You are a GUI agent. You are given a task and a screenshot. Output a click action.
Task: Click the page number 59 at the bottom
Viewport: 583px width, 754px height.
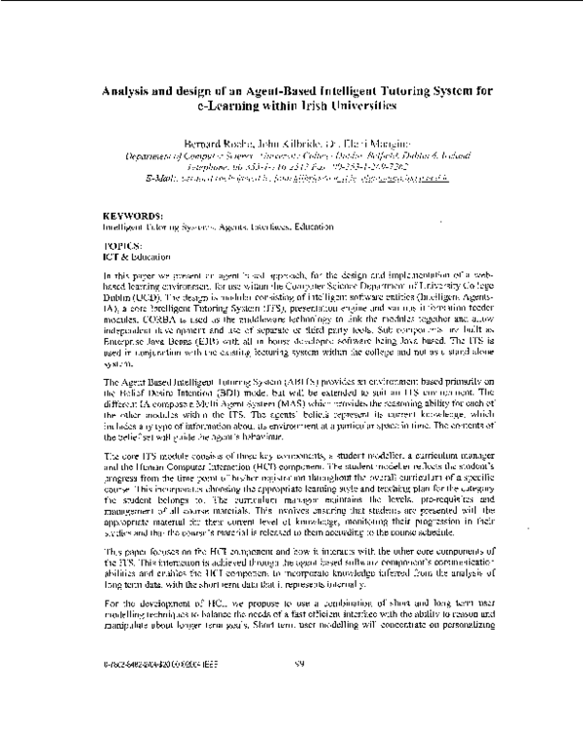tap(297, 719)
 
